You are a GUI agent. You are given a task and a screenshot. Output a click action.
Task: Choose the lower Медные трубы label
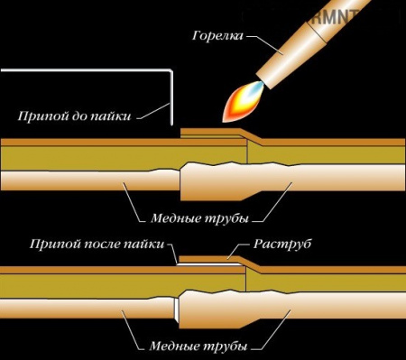(195, 346)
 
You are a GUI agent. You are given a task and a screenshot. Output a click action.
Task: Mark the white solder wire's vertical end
(171, 95)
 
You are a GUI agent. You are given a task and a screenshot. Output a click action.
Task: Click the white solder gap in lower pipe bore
(178, 310)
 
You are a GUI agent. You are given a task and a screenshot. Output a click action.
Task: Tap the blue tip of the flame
(257, 88)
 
